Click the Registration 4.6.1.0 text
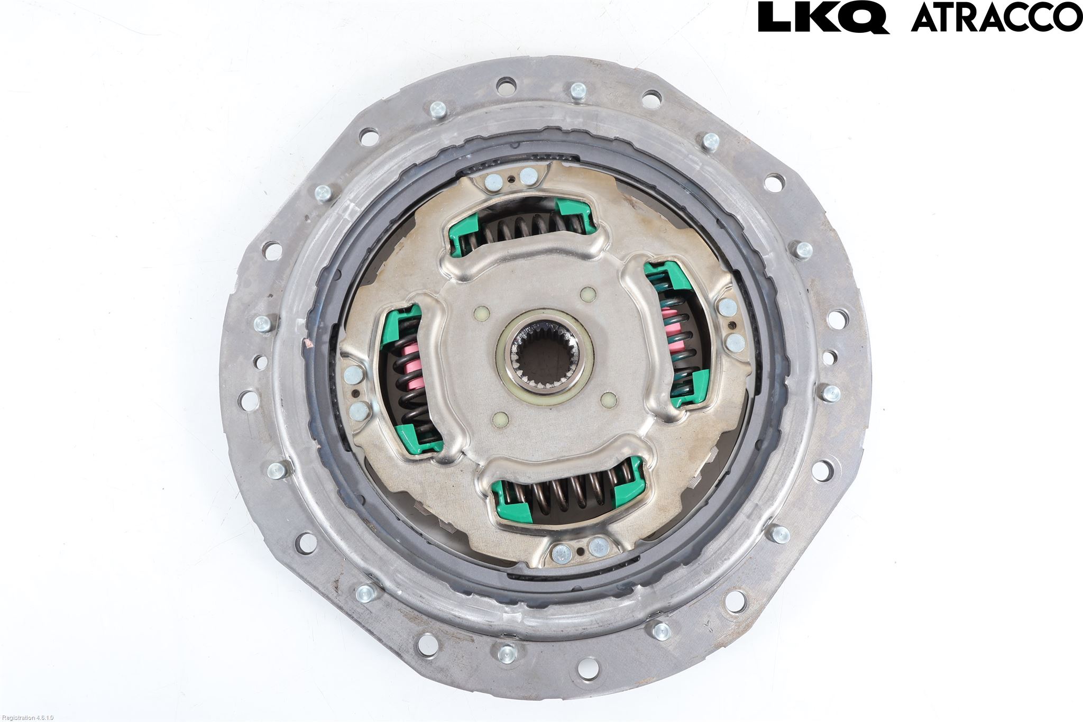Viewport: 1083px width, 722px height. pyautogui.click(x=27, y=718)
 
